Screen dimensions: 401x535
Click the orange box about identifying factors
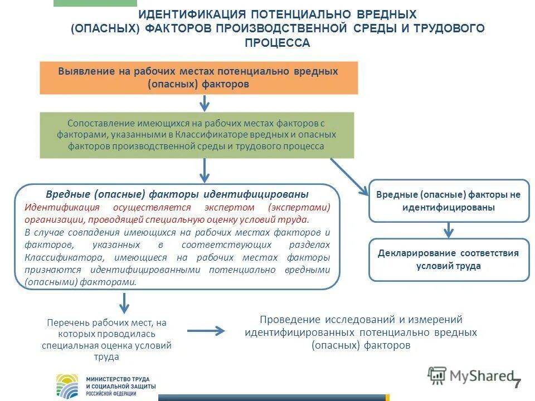198,78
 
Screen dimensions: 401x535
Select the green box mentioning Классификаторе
197,135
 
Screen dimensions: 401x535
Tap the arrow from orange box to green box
205,103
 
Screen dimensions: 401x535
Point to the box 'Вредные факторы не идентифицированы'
449,200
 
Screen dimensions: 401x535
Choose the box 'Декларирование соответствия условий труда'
449,260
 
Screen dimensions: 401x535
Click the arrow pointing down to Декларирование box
449,230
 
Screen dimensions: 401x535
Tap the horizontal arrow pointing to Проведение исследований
206,331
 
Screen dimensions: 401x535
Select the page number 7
517,384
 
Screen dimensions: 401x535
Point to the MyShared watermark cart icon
437,375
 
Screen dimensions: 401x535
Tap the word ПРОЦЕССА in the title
277,43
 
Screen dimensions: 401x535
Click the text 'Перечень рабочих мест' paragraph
106,339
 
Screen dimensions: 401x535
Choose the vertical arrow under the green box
205,170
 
